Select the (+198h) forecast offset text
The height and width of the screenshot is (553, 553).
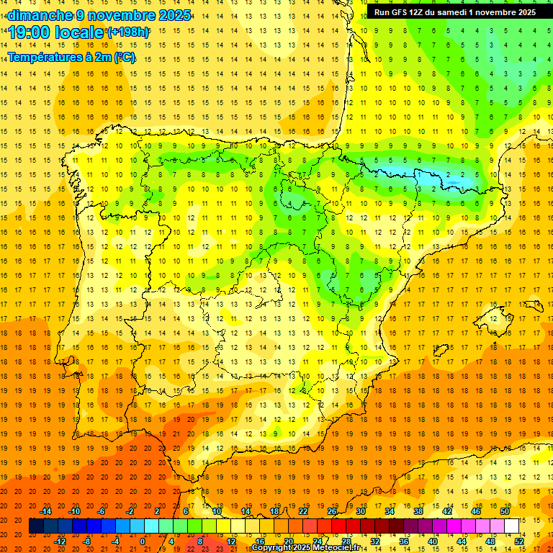point(127,32)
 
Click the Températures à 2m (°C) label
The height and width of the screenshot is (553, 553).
point(71,57)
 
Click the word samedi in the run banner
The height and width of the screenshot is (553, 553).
point(447,12)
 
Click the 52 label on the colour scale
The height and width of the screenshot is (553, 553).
point(519,541)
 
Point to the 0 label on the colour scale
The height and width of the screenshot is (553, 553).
point(143,541)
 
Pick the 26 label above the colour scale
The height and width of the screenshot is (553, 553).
point(332,511)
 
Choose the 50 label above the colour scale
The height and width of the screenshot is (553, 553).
point(504,511)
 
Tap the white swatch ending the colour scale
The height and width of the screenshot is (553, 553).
point(511,526)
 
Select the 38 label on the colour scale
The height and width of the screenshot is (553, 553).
point(418,511)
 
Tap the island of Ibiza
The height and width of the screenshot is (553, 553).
point(441,351)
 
